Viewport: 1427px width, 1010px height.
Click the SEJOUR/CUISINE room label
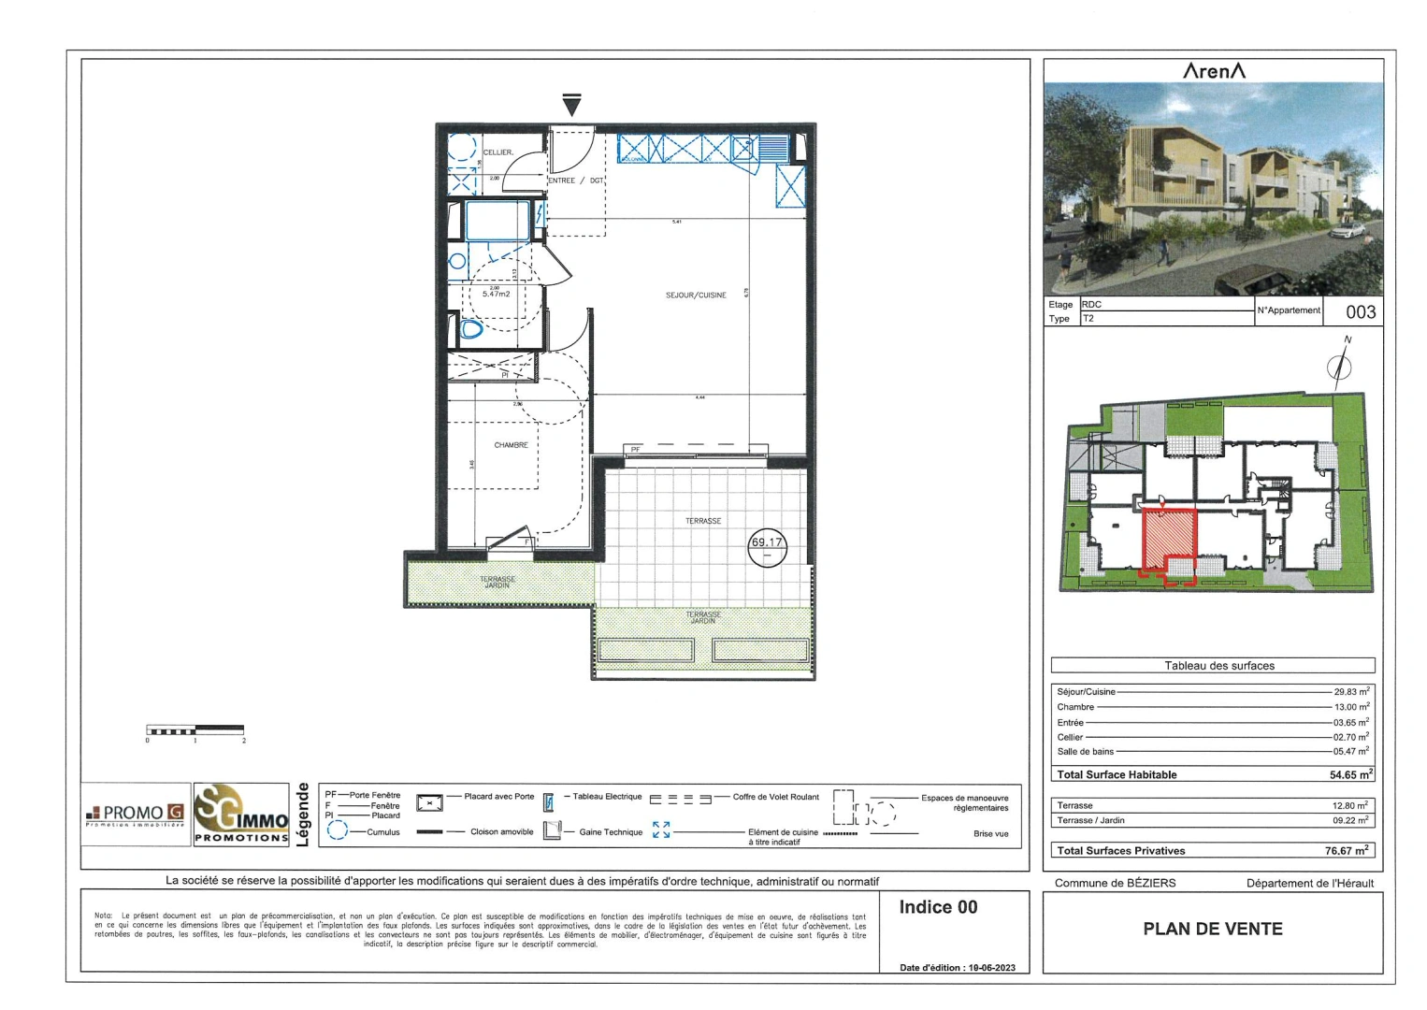click(x=696, y=296)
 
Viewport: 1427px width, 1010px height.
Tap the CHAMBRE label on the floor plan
click(x=511, y=445)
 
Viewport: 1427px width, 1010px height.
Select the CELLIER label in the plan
click(x=497, y=152)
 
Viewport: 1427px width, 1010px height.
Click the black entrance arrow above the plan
click(x=572, y=105)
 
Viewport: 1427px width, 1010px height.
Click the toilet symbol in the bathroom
click(x=471, y=329)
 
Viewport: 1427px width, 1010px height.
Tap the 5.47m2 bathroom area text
click(x=497, y=294)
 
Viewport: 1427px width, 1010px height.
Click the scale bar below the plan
click(x=195, y=729)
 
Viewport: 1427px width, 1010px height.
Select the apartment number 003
click(x=1361, y=312)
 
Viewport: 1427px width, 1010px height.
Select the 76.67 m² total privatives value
click(x=1347, y=850)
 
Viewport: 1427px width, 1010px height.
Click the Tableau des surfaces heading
click(x=1219, y=666)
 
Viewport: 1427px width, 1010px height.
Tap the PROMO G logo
click(x=135, y=814)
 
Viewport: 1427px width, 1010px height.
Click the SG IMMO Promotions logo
click(x=241, y=815)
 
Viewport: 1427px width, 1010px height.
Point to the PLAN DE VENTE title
click(x=1213, y=929)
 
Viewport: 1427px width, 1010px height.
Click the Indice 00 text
click(x=938, y=907)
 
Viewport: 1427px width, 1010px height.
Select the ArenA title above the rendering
click(x=1214, y=71)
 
